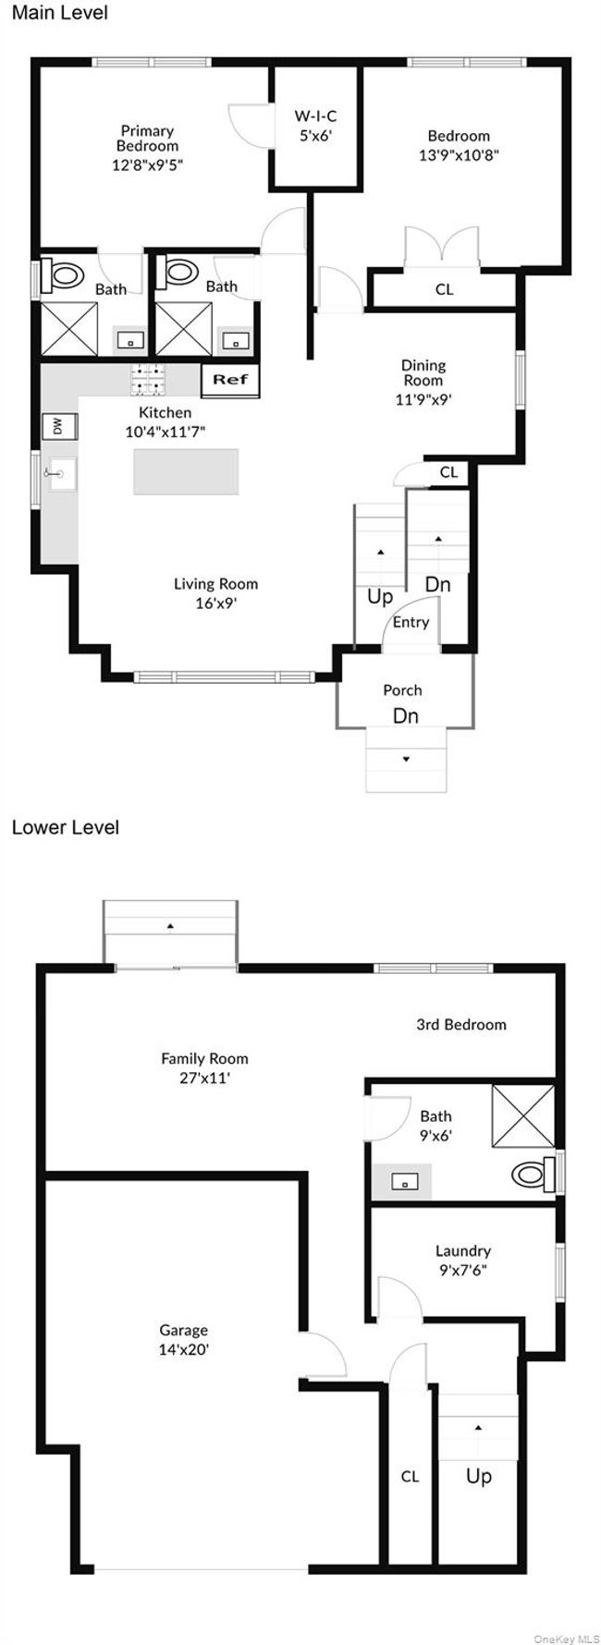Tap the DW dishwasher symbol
(57, 426)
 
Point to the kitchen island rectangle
(185, 471)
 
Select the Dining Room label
(423, 372)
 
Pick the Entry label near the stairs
(411, 622)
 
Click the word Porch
(402, 689)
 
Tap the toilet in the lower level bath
(531, 1175)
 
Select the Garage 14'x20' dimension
(183, 1349)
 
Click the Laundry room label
(462, 1250)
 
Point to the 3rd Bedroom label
(460, 1024)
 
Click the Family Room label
(204, 1058)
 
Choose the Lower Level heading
(65, 827)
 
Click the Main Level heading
(59, 13)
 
